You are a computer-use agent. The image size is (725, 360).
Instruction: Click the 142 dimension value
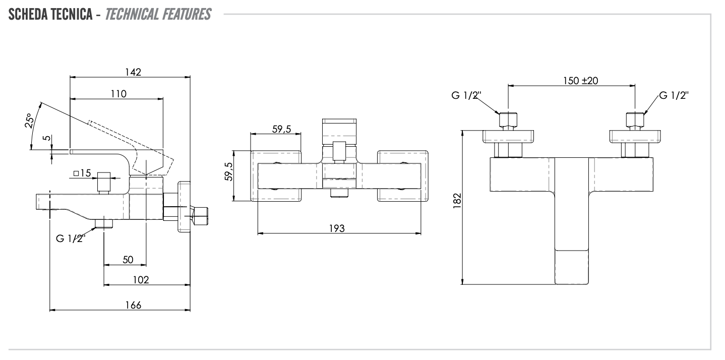[134, 72]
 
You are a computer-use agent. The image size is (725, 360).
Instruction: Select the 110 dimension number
[119, 93]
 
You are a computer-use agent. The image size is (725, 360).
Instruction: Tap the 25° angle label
[29, 122]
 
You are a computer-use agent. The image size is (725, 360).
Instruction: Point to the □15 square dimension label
[82, 173]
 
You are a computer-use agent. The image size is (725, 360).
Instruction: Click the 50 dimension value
[128, 259]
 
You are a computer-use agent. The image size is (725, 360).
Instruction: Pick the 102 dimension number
[141, 280]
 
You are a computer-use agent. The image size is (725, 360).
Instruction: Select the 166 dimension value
[133, 305]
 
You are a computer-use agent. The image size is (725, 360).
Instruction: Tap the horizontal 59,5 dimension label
[282, 129]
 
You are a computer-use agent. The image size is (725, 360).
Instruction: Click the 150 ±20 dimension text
[580, 81]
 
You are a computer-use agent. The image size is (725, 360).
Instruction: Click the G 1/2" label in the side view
[71, 238]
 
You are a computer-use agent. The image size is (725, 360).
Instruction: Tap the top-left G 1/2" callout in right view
[467, 96]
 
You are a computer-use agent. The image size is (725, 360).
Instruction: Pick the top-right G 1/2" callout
[674, 96]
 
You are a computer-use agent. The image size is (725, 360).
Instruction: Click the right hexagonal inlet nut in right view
[635, 120]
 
